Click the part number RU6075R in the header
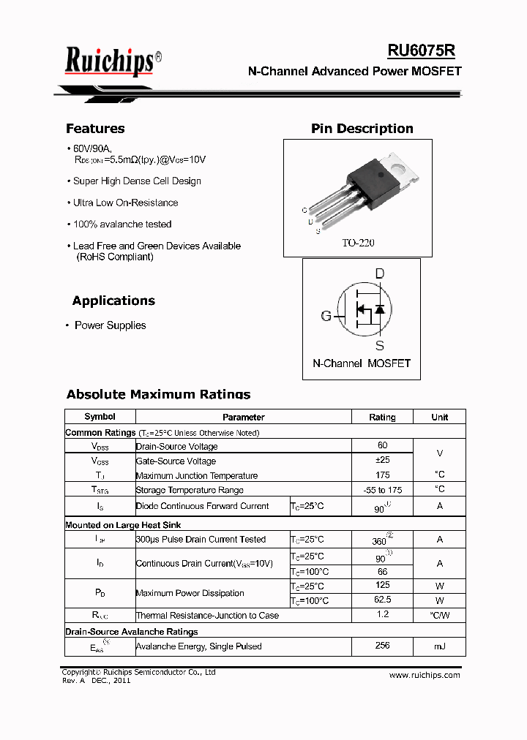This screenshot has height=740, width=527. point(421,50)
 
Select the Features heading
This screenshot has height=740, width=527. point(95,129)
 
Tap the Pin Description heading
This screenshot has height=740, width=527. point(362,129)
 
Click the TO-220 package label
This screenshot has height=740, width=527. point(358,243)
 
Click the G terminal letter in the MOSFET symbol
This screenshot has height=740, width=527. point(326,316)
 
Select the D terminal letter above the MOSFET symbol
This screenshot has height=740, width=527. point(380,274)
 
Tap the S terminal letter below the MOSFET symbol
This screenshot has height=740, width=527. point(380,345)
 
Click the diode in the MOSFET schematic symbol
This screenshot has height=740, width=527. point(379,309)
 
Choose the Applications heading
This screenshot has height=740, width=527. point(113,301)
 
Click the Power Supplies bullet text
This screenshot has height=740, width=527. point(110,325)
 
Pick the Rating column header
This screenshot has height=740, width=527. point(382,417)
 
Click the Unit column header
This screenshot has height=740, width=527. point(439,417)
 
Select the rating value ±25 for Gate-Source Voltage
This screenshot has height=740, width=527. point(382,460)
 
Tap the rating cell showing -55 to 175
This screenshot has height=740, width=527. point(382,489)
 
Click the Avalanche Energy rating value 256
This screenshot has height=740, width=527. point(382,646)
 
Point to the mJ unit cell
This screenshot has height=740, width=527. point(439,646)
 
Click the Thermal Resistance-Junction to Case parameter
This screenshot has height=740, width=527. point(207,616)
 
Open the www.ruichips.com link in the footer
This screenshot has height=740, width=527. point(425,675)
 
